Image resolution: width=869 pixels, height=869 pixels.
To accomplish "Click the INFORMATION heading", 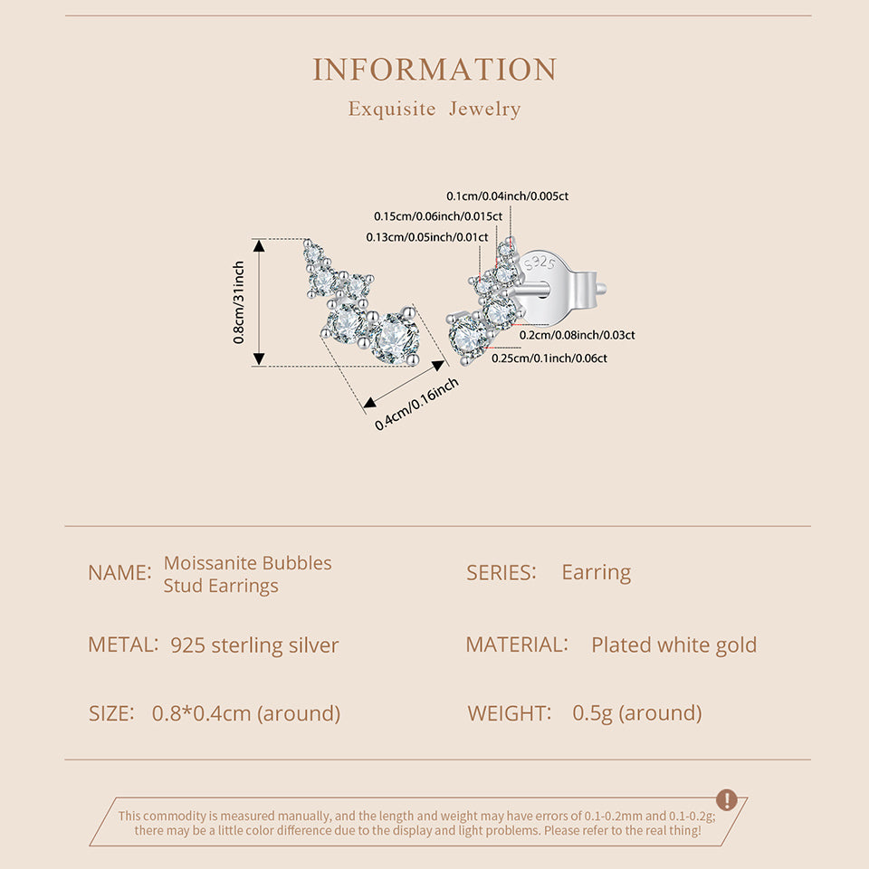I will [x=434, y=70].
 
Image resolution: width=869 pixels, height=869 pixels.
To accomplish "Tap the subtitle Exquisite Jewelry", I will [x=434, y=110].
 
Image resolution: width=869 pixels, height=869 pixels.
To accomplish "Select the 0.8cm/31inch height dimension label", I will [x=239, y=302].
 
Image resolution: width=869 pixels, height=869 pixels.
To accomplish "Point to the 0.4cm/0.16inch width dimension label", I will [x=417, y=404].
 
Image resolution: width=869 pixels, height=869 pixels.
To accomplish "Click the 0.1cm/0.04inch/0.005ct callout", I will [x=508, y=196].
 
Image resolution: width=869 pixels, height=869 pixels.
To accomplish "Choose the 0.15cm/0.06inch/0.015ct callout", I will [x=438, y=216].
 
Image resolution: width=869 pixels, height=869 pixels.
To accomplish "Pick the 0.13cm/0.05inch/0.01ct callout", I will [x=426, y=237].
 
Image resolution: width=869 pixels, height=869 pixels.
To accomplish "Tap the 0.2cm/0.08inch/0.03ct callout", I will [x=577, y=335].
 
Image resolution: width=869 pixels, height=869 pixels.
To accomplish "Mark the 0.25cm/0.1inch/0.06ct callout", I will [x=549, y=358].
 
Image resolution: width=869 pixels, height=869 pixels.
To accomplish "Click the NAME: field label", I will [x=119, y=573].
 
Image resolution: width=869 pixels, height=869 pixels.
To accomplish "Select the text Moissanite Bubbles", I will [x=247, y=563].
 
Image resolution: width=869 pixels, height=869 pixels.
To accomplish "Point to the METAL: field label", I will [x=123, y=645].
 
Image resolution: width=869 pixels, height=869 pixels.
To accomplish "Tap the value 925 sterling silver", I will [x=254, y=645].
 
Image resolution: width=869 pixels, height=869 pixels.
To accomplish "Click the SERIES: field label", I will [x=501, y=572].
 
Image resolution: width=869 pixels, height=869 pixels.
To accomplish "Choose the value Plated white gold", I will [x=673, y=645].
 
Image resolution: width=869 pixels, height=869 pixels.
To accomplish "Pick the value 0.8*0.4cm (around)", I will [x=246, y=713].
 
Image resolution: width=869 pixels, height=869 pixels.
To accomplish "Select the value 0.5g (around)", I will [x=636, y=713].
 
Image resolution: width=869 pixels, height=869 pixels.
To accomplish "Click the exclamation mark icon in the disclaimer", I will [x=726, y=800].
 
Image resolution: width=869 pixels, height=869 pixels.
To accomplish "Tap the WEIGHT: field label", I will [x=510, y=713].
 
